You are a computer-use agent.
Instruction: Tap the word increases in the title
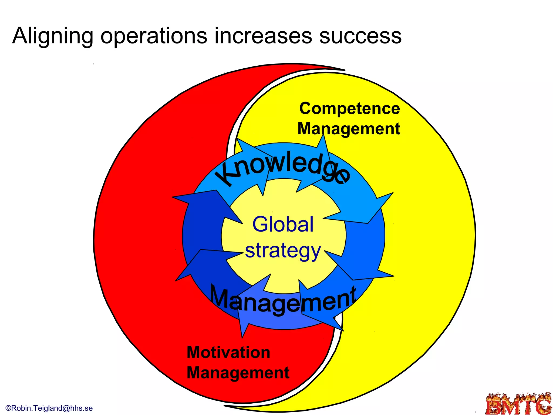point(263,36)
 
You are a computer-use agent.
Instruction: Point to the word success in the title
point(360,36)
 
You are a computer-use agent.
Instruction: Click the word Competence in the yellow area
point(350,109)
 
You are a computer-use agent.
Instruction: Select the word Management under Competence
point(349,129)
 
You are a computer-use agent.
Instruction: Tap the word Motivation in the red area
point(228,352)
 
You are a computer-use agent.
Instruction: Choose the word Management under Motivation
point(238,373)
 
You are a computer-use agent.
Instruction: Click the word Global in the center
point(283,224)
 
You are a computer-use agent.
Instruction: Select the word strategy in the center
point(283,251)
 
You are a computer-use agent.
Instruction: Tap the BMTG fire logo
point(519,404)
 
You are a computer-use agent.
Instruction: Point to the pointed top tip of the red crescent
point(344,70)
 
